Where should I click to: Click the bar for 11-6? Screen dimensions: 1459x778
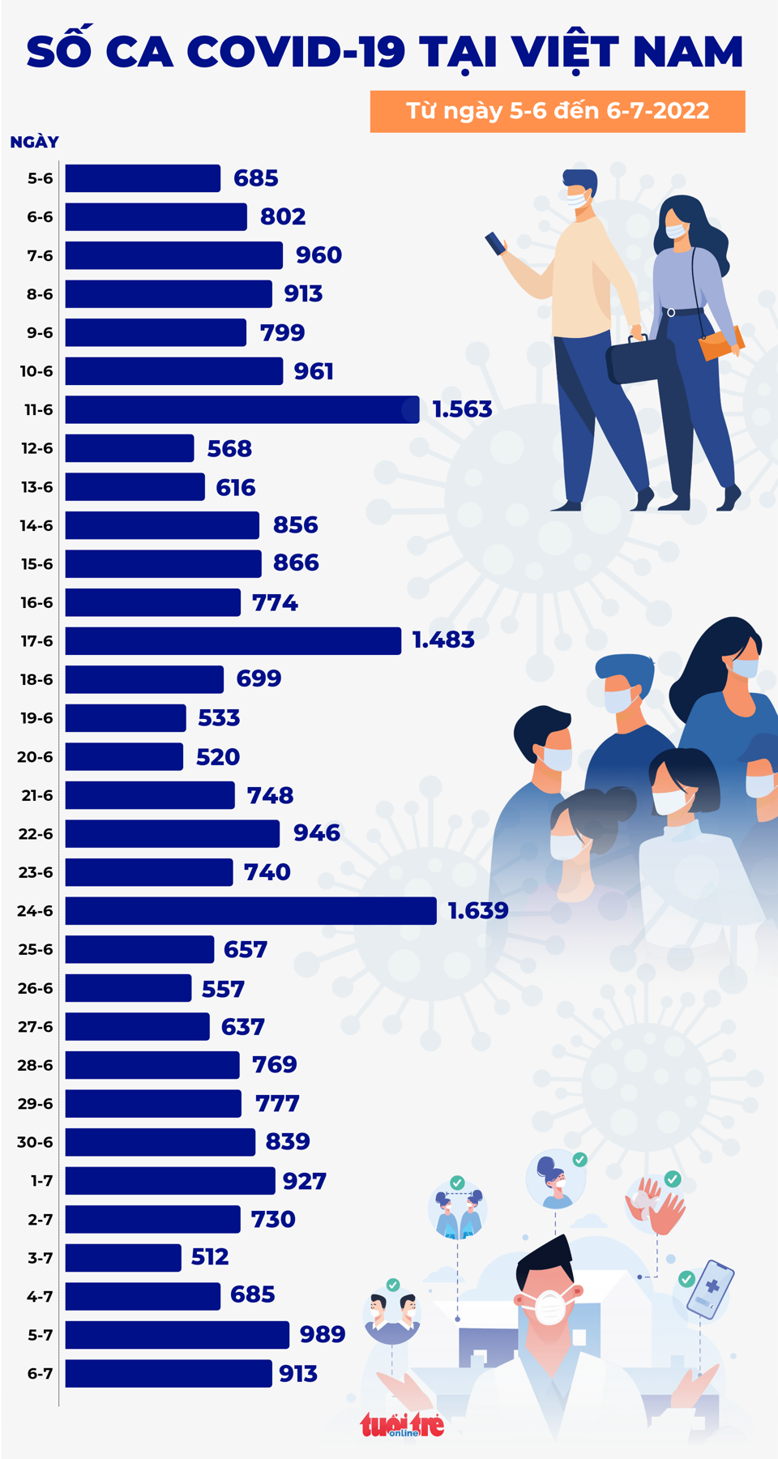click(x=242, y=409)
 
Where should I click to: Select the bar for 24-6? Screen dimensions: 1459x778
click(x=250, y=910)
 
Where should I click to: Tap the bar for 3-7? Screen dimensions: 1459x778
click(x=123, y=1257)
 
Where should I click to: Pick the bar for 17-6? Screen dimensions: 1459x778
click(x=233, y=640)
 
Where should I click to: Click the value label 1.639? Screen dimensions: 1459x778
click(x=478, y=910)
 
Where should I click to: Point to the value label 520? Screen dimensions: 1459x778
click(x=218, y=757)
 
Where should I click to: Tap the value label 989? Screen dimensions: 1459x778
click(x=323, y=1334)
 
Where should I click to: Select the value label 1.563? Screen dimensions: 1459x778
click(x=462, y=409)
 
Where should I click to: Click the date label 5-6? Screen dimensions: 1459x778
click(x=40, y=178)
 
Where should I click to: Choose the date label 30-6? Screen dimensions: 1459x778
click(x=36, y=1142)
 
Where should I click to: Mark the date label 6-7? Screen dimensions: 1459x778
click(x=40, y=1373)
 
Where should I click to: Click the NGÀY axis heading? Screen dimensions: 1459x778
click(x=34, y=142)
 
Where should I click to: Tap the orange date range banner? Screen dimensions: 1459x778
click(x=558, y=111)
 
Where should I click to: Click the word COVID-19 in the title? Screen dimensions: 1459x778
click(x=297, y=52)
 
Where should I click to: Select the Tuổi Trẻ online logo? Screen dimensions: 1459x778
click(x=403, y=1424)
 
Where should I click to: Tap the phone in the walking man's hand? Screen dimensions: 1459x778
click(x=495, y=242)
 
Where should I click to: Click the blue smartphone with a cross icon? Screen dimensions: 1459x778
click(x=710, y=1289)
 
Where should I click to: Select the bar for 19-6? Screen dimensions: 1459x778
click(x=126, y=717)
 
